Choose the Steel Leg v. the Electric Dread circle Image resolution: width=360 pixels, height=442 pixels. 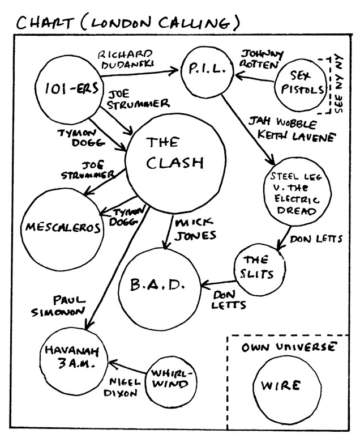click(295, 194)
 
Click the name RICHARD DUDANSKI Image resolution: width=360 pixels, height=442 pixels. click(126, 59)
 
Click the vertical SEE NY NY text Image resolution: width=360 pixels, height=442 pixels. click(339, 86)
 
